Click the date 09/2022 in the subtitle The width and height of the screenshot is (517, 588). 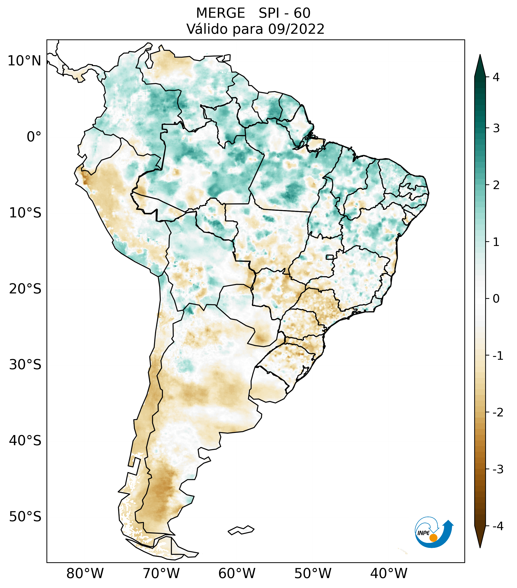click(296, 29)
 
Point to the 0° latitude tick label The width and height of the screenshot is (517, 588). click(34, 137)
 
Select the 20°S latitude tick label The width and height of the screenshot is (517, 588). click(25, 289)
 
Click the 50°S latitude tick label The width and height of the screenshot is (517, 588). click(25, 517)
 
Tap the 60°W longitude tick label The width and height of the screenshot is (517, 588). click(237, 573)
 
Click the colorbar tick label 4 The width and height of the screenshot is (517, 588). click(496, 77)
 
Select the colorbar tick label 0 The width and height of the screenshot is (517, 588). click(496, 299)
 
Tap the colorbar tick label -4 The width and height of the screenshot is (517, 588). click(498, 526)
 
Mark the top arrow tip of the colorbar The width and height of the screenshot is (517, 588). click(480, 55)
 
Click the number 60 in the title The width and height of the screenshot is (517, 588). click(302, 13)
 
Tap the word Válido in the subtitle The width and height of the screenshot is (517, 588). click(207, 29)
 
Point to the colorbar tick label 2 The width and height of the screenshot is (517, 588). click(496, 185)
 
